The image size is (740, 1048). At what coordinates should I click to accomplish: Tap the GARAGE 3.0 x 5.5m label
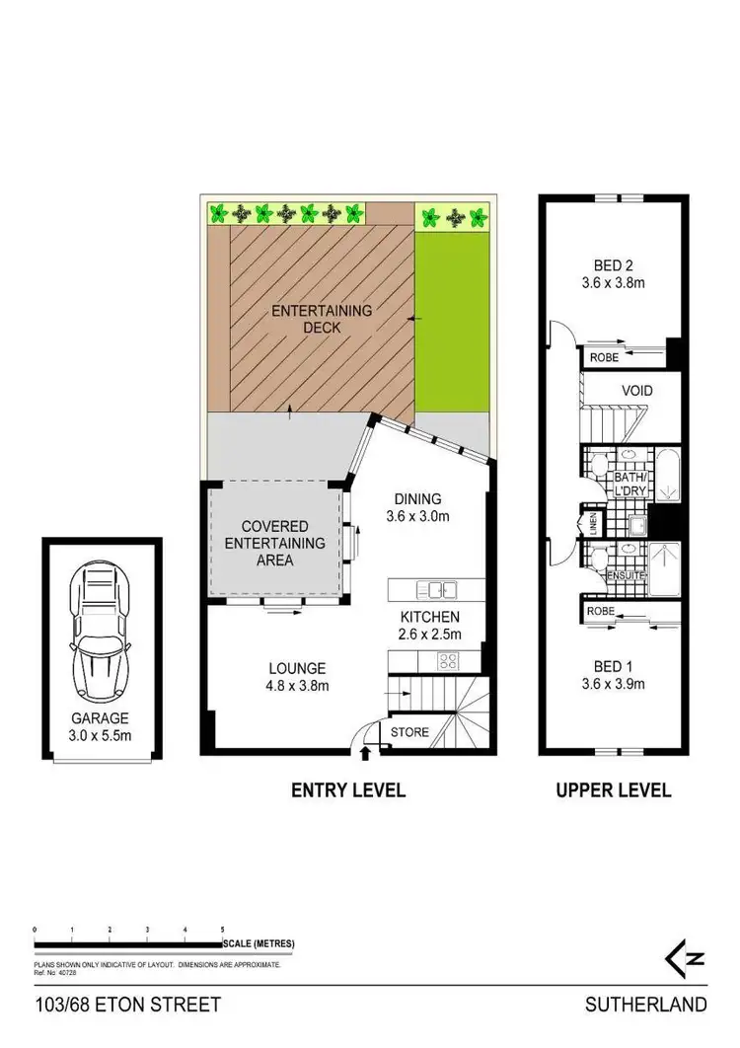point(100,726)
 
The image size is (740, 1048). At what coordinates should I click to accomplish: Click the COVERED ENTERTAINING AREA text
point(275,543)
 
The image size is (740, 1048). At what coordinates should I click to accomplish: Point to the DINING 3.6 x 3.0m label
point(413,506)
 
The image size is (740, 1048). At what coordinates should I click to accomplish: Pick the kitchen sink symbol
point(435,590)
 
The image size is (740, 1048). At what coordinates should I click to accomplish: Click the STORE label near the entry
point(409,732)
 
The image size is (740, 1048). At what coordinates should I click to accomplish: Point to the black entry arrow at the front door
point(367,755)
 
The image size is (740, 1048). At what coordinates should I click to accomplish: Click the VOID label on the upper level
point(636,391)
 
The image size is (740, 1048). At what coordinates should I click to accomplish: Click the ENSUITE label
point(627,574)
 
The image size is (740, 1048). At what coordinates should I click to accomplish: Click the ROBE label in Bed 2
point(603,358)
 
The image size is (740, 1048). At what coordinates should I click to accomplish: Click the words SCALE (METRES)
point(260,944)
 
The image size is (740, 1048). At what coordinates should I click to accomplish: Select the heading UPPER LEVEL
point(613,789)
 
